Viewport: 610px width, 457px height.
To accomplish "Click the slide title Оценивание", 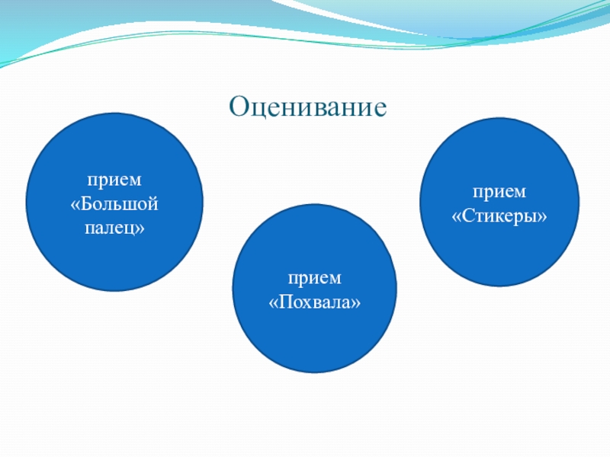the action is pyautogui.click(x=308, y=107).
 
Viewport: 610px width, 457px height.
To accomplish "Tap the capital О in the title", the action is pyautogui.click(x=239, y=106).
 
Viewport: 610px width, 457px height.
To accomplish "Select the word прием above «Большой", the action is pyautogui.click(x=114, y=181).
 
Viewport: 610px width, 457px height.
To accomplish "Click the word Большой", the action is pyautogui.click(x=119, y=204).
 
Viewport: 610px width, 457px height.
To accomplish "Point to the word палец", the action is pyautogui.click(x=109, y=228).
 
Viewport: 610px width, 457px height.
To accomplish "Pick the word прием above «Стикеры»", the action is pyautogui.click(x=499, y=193).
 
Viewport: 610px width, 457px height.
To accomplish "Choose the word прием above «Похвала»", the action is pyautogui.click(x=315, y=279).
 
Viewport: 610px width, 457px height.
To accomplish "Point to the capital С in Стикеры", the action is pyautogui.click(x=468, y=216).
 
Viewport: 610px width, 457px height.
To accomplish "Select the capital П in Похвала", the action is pyautogui.click(x=286, y=302).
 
